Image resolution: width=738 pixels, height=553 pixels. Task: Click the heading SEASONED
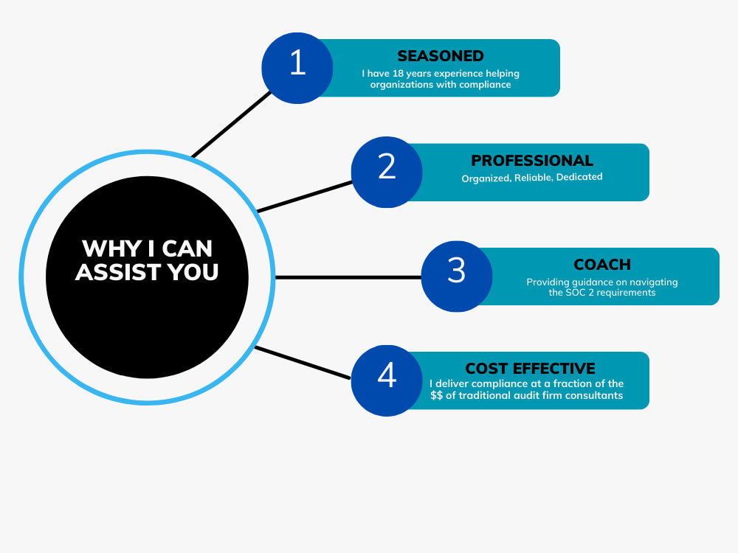pos(441,56)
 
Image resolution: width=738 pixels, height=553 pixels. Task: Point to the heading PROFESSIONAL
pos(532,161)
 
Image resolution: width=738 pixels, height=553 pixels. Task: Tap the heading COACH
pos(602,265)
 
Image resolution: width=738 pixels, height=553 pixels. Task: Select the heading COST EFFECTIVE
pos(530,369)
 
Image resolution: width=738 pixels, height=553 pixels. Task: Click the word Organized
pos(483,178)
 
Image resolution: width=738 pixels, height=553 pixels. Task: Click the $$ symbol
pos(437,396)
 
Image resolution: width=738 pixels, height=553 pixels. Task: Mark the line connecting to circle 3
pos(347,277)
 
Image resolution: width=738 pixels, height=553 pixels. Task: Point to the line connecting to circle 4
pos(303,362)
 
